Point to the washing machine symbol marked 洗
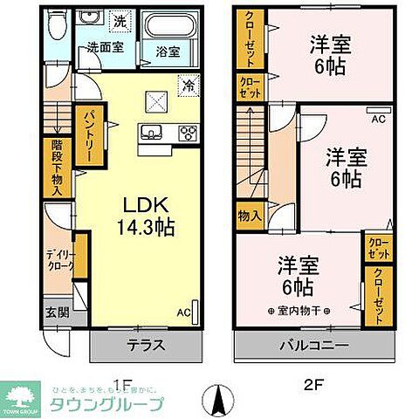point(121,20)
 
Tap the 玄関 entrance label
point(52,310)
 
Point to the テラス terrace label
point(148,344)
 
